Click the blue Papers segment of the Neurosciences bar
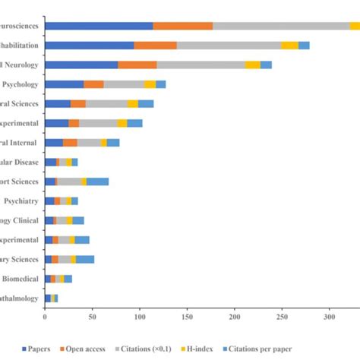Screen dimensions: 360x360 pyautogui.click(x=99, y=26)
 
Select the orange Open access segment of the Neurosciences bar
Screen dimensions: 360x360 pyautogui.click(x=183, y=26)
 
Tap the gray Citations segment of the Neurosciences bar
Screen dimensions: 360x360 pyautogui.click(x=281, y=26)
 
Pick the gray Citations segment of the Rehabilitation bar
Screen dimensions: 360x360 pyautogui.click(x=229, y=46)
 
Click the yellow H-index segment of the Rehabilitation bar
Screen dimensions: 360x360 pyautogui.click(x=289, y=46)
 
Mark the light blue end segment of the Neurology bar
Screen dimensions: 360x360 pyautogui.click(x=266, y=65)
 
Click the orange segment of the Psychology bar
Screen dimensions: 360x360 pyautogui.click(x=93, y=84)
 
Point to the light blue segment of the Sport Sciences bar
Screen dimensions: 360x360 pyautogui.click(x=97, y=182)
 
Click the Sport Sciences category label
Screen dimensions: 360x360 pyautogui.click(x=20, y=182)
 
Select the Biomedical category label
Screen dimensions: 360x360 pyautogui.click(x=20, y=279)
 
